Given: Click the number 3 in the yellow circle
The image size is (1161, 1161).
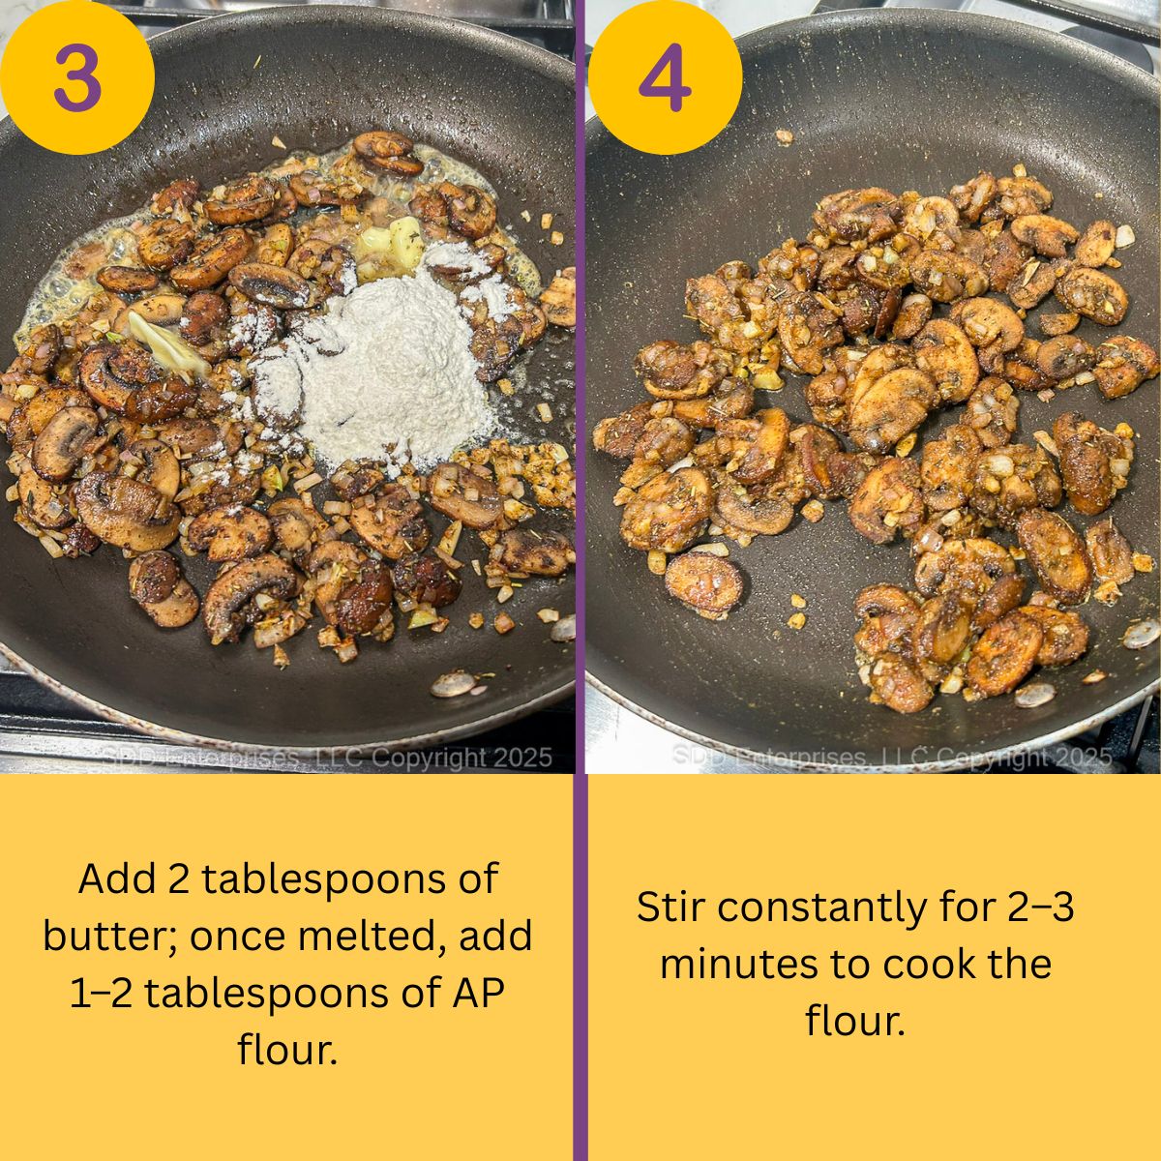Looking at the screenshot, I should tap(76, 78).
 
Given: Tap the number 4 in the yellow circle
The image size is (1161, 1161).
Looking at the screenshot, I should tap(665, 78).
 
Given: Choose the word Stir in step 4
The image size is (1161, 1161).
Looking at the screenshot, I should tap(670, 908).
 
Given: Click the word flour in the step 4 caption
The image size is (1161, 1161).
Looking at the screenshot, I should tap(855, 1021).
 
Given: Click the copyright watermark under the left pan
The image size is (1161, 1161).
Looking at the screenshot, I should tap(327, 758).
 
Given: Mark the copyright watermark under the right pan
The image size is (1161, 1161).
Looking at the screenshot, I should tap(890, 758).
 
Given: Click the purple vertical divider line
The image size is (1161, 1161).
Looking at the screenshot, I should tap(580, 580).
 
